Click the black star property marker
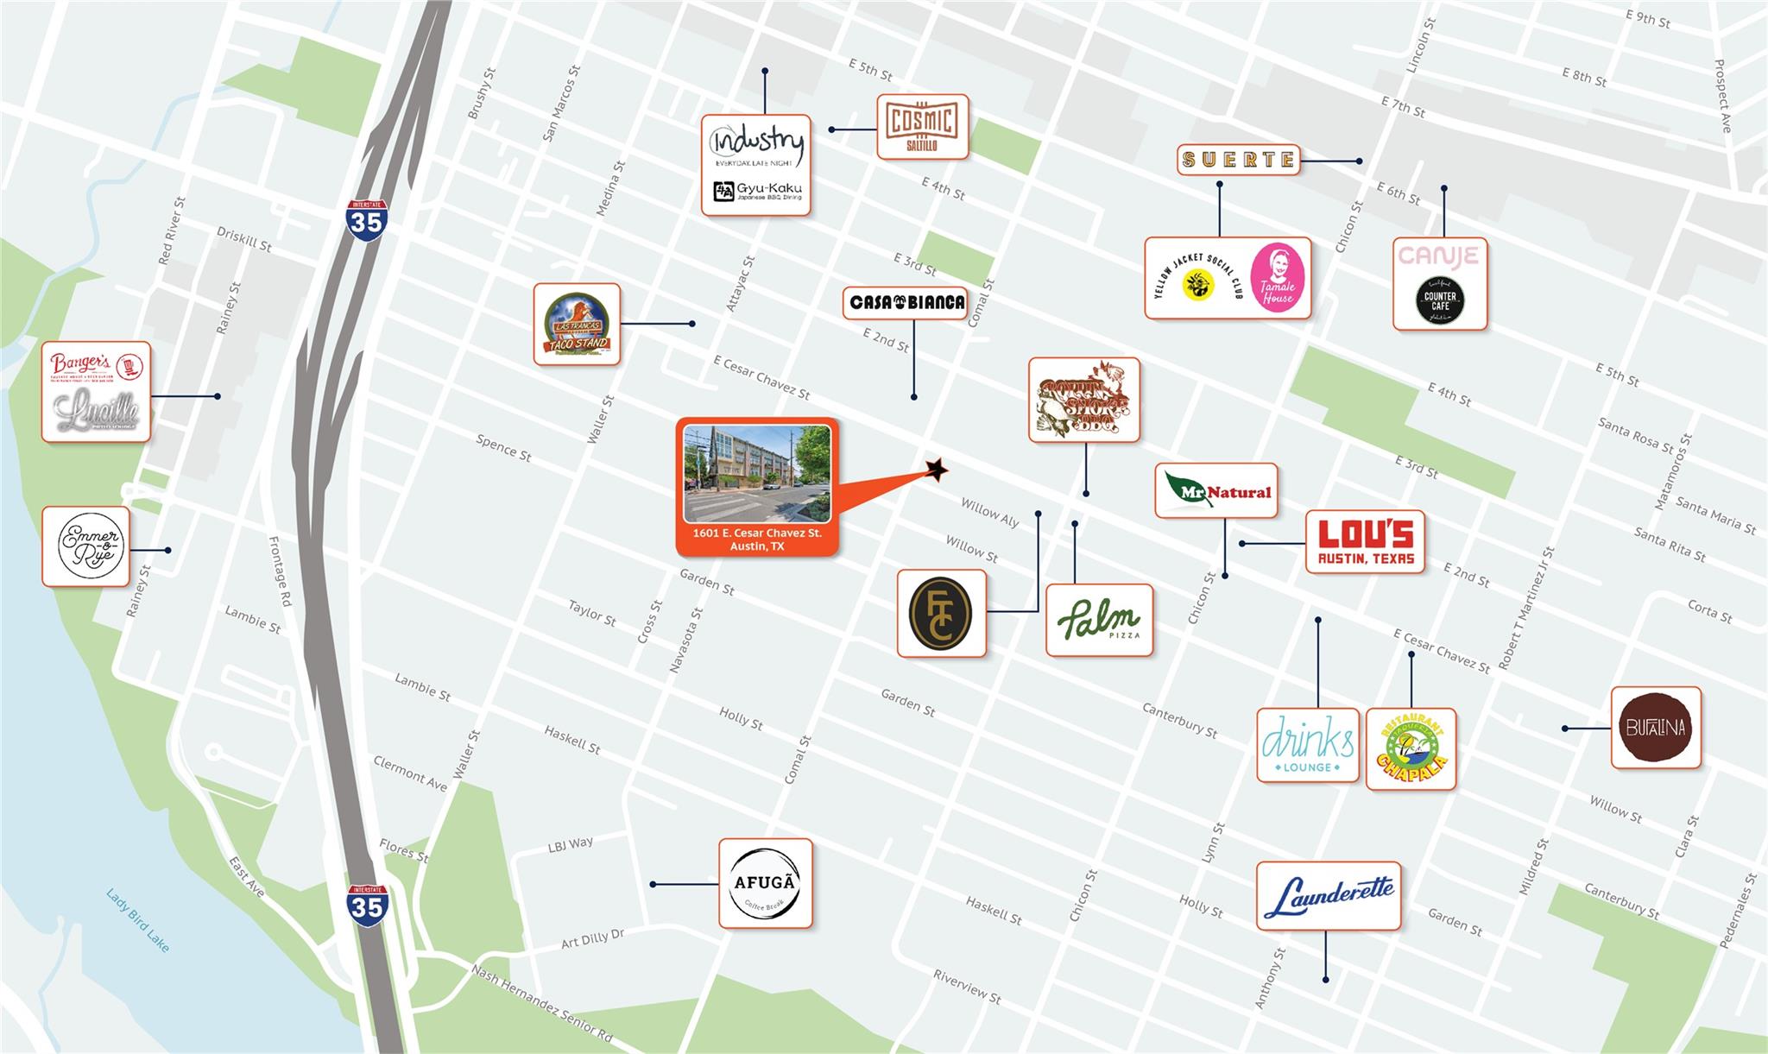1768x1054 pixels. (936, 470)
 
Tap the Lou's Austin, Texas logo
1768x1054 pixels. (1365, 542)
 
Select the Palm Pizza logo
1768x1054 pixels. (1099, 620)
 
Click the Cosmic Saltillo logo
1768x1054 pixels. (922, 127)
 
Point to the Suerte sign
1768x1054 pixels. (1238, 160)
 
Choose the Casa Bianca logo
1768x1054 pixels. (906, 302)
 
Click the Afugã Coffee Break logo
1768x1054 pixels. (766, 883)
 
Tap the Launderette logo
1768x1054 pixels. (1328, 896)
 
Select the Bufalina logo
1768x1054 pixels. (1655, 727)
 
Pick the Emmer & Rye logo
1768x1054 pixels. (86, 546)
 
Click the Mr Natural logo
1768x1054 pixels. (1215, 491)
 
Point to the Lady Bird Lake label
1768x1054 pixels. (137, 920)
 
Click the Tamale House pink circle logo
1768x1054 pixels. (1277, 278)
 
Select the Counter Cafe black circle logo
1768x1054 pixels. (1440, 300)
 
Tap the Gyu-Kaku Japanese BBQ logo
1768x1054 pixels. (757, 191)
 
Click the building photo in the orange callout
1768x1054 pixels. (757, 473)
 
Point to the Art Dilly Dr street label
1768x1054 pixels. (592, 938)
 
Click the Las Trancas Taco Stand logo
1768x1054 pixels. (577, 325)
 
